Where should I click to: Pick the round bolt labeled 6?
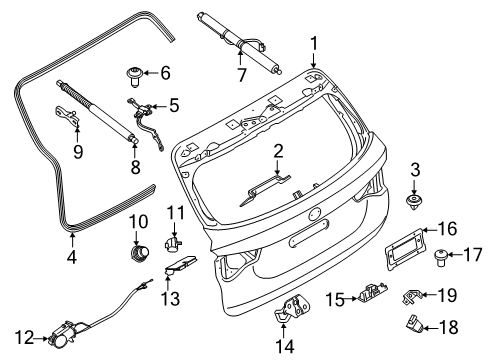(135, 72)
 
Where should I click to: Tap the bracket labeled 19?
(414, 295)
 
